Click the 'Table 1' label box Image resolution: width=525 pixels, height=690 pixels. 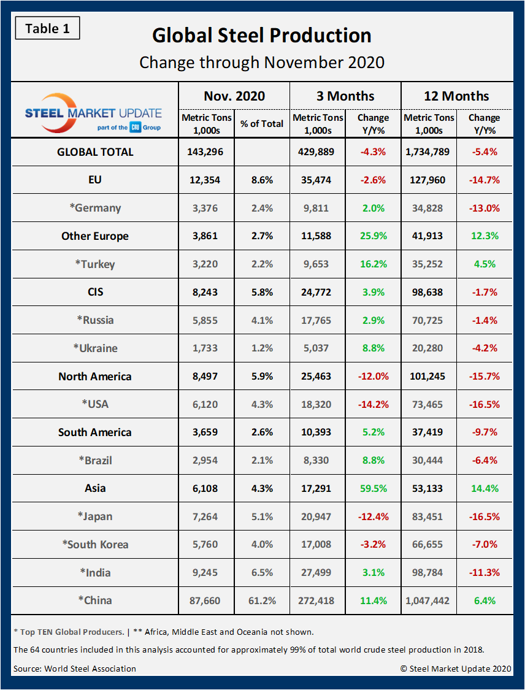[x=47, y=28]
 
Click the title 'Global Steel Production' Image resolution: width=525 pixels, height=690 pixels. [x=262, y=35]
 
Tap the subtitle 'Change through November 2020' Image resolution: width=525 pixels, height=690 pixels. [x=262, y=63]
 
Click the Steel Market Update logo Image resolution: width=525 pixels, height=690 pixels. [x=94, y=110]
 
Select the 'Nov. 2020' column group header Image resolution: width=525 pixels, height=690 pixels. [x=234, y=96]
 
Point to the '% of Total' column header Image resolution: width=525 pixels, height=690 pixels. [x=262, y=123]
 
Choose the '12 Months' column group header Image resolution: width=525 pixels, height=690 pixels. [x=456, y=96]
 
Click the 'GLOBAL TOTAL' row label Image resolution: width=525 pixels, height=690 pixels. [x=95, y=151]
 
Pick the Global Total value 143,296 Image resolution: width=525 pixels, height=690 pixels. [x=206, y=151]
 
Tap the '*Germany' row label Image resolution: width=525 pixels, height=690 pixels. [x=95, y=208]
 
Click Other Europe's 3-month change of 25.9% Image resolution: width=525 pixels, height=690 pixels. [x=373, y=236]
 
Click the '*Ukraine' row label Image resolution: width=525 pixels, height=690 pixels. [x=95, y=348]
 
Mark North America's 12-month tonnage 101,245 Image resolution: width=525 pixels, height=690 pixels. [x=429, y=377]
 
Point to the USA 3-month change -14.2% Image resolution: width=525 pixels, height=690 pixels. [x=373, y=405]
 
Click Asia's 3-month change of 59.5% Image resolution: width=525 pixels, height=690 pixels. [x=373, y=489]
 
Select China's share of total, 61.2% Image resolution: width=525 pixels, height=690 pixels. [x=262, y=600]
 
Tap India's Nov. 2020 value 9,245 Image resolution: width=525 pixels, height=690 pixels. [x=206, y=573]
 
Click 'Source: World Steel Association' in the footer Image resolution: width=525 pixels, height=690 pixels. [x=75, y=669]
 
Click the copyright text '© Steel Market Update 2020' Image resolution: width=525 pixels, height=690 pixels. [x=456, y=669]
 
